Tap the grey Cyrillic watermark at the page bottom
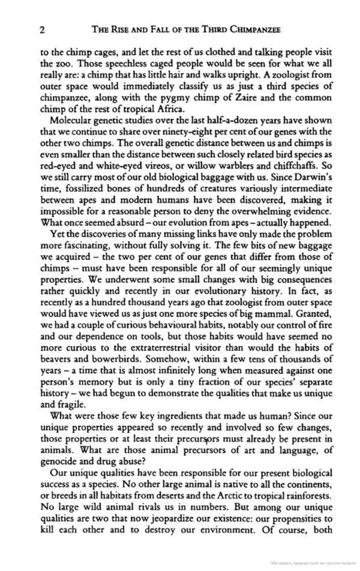(311, 565)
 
